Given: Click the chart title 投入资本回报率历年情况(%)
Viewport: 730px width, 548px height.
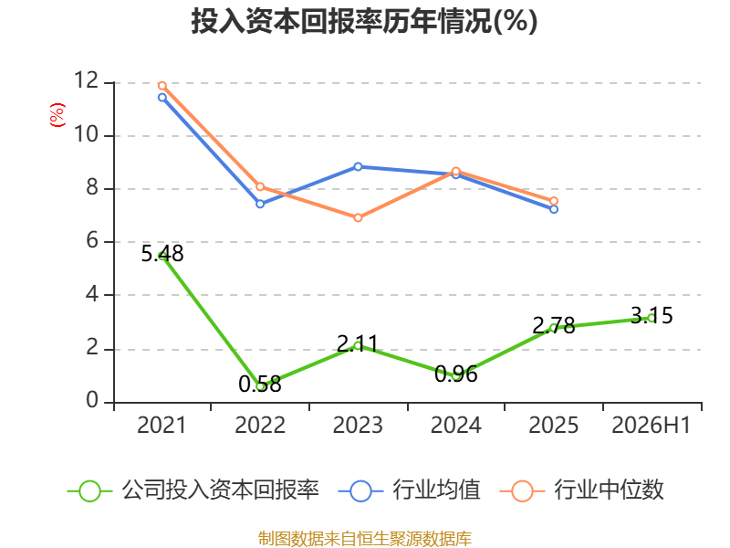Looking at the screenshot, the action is click(364, 21).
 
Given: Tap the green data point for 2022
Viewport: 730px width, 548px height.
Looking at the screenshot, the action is click(260, 386).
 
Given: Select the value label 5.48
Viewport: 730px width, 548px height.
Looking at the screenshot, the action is click(162, 254).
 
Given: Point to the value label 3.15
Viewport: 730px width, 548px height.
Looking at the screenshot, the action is click(652, 315).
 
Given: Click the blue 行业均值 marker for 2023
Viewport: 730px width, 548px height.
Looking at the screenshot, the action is click(358, 167).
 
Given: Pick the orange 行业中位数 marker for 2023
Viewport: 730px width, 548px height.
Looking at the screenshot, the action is click(358, 217).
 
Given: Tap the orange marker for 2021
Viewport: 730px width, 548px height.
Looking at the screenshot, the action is click(162, 86).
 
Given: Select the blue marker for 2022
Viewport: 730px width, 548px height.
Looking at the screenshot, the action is click(260, 204).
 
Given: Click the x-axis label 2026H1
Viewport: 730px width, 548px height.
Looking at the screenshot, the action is click(651, 425).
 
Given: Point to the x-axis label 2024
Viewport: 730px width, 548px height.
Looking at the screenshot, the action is click(455, 425).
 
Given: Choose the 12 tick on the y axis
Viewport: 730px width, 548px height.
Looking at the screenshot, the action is click(87, 80).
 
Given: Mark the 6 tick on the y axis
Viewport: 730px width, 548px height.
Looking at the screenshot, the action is click(92, 241).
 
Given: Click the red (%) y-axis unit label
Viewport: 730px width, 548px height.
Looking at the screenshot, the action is click(57, 115).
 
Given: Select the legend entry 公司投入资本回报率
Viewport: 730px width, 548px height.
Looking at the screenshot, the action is click(193, 490).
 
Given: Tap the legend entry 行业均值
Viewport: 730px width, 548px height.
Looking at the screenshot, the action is click(409, 490).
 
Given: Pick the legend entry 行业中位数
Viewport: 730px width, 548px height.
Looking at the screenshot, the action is click(581, 490).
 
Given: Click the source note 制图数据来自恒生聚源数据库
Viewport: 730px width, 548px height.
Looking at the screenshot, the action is click(364, 539).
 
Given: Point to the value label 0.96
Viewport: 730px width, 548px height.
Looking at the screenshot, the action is click(456, 374).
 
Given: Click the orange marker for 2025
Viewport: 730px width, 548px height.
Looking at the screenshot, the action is click(554, 201).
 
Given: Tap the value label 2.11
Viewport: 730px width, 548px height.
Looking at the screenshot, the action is click(358, 344).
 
